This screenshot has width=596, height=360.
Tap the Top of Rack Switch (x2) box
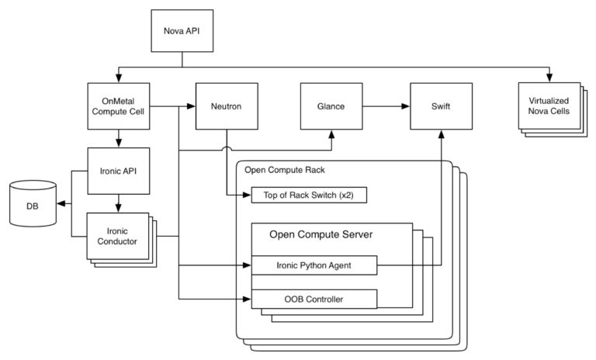(308, 195)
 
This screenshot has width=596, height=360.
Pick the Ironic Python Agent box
(314, 265)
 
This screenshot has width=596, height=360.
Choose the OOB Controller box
(314, 298)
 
